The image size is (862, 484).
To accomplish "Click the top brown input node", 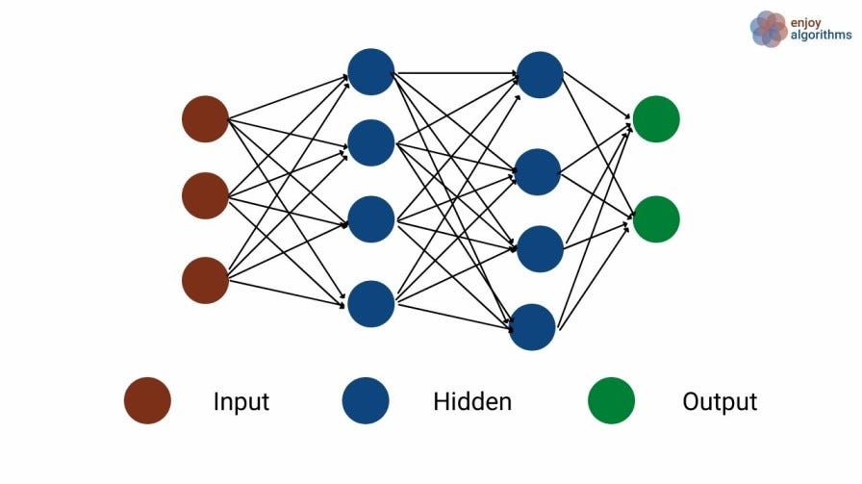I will pyautogui.click(x=205, y=119).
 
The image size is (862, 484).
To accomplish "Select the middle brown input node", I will pyautogui.click(x=205, y=195).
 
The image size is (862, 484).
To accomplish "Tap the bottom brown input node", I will pyautogui.click(x=205, y=280).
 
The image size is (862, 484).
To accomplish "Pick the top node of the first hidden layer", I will pyautogui.click(x=371, y=71).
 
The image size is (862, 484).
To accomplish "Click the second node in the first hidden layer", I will pyautogui.click(x=371, y=143).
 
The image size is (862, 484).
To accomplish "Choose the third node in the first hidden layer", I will pyautogui.click(x=371, y=218).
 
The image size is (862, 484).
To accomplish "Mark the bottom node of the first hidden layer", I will pyautogui.click(x=371, y=304).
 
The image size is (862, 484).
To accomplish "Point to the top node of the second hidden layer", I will pyautogui.click(x=540, y=74).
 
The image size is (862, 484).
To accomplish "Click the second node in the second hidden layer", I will pyautogui.click(x=538, y=172).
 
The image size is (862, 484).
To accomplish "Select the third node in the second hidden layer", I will pyautogui.click(x=540, y=248).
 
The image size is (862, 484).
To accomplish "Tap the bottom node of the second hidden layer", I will pyautogui.click(x=533, y=327).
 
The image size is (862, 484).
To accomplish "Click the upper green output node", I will pyautogui.click(x=656, y=119).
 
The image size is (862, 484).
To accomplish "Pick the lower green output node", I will pyautogui.click(x=656, y=218).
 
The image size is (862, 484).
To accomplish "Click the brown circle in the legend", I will pyautogui.click(x=147, y=401).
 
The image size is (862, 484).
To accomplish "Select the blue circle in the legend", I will pyautogui.click(x=366, y=401).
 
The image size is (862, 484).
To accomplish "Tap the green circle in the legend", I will pyautogui.click(x=611, y=401).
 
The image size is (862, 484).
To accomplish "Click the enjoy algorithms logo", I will pyautogui.click(x=800, y=28).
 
